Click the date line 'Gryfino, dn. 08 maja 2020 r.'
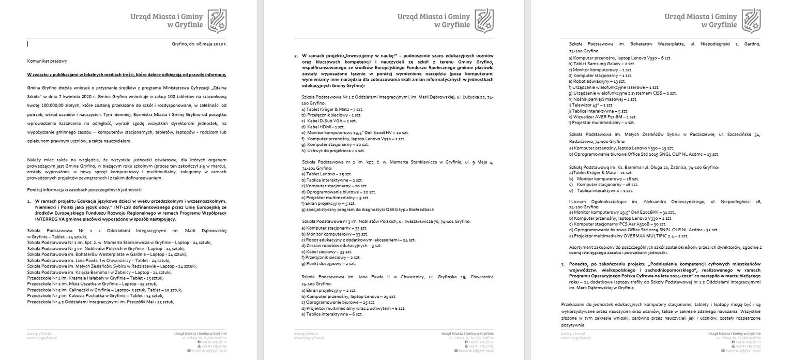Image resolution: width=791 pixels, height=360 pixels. (x=199, y=44)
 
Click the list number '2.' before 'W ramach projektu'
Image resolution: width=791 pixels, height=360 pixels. (x=296, y=55)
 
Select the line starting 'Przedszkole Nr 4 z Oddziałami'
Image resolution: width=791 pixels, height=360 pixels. (x=101, y=301)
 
